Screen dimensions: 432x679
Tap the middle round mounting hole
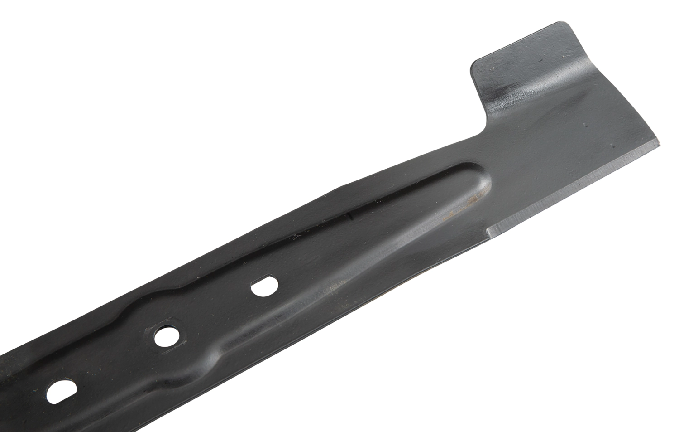tap(166, 336)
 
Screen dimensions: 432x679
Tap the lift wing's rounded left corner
tap(474, 66)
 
